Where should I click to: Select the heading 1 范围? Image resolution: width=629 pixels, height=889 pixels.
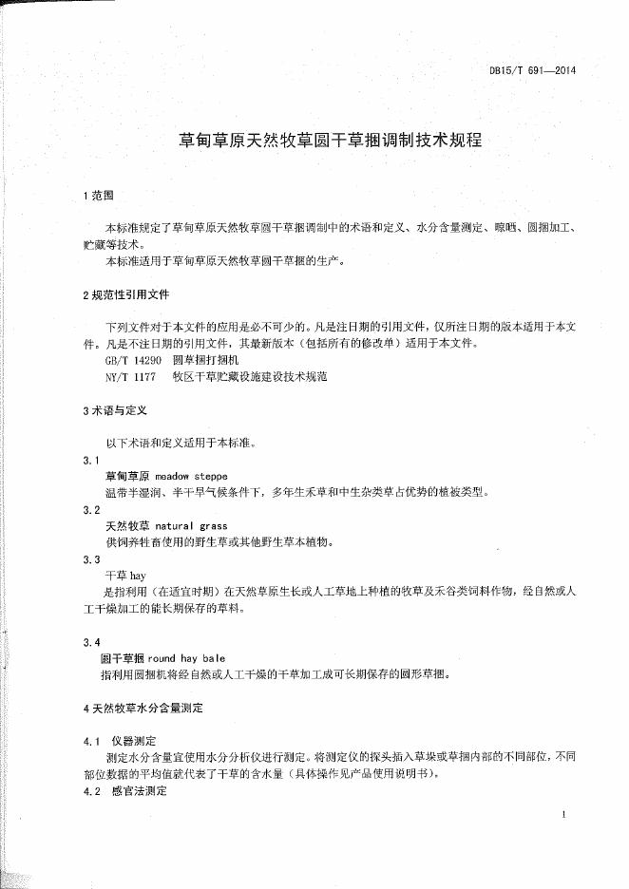[x=98, y=195]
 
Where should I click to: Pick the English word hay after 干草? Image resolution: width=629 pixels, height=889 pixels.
[x=137, y=576]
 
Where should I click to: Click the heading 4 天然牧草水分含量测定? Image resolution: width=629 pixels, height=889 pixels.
[x=143, y=708]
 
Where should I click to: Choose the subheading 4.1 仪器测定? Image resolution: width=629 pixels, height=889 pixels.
[x=124, y=740]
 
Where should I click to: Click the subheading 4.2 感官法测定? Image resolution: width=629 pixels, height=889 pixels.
[x=124, y=790]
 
